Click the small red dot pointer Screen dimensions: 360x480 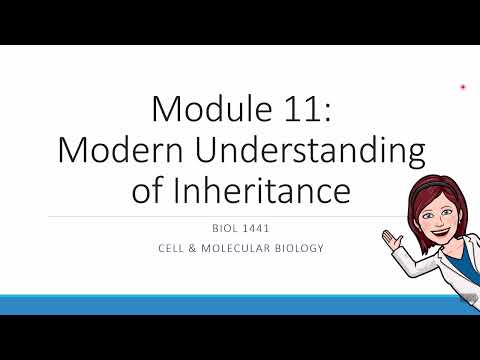[x=463, y=88]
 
